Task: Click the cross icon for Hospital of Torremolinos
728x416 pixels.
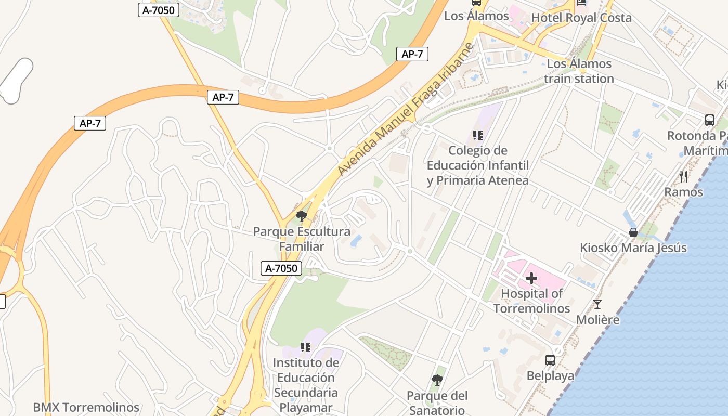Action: point(531,279)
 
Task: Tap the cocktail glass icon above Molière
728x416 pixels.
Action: point(597,304)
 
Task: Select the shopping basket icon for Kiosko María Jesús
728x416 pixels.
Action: point(633,232)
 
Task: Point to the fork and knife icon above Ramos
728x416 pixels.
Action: point(683,177)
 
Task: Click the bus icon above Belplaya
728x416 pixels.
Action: point(550,360)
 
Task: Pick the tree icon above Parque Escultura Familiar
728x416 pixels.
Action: point(301,216)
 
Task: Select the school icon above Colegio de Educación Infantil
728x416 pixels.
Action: point(478,136)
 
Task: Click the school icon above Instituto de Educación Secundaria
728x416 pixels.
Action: point(306,347)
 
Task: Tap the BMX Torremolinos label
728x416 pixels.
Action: point(86,407)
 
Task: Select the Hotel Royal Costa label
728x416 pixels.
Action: point(581,18)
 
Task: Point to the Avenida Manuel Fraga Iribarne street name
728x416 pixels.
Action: point(406,109)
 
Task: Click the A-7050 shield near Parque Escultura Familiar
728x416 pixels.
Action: point(281,268)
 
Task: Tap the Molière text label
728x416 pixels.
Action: point(597,319)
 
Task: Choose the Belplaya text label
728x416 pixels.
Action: point(550,375)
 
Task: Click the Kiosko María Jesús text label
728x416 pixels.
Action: point(633,248)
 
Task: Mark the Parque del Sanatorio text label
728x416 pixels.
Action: point(437,403)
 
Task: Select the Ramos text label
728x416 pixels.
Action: point(683,192)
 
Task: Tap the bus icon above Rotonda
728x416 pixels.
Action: point(709,120)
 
